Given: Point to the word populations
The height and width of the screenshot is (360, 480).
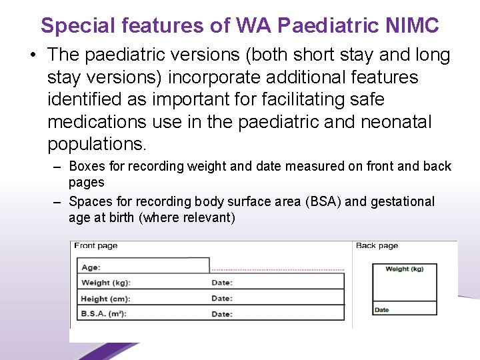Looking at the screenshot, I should click(96, 144).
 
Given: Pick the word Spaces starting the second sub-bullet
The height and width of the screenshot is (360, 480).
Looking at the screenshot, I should click(89, 201).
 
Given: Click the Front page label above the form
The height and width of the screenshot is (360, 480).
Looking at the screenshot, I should click(96, 246).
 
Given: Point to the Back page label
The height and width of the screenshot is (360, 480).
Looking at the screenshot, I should click(377, 246).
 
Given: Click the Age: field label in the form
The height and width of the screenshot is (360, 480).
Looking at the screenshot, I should click(91, 267).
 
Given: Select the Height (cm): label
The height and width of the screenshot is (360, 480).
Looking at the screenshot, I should click(106, 299).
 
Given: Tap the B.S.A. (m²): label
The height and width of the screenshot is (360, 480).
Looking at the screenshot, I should click(104, 314).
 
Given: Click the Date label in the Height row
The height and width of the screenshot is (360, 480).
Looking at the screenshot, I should click(222, 299).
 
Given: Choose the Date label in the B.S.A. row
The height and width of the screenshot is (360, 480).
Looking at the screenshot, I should click(222, 314).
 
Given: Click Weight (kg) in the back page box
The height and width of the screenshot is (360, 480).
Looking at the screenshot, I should click(404, 269).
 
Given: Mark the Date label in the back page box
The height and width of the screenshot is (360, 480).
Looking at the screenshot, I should click(382, 310).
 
